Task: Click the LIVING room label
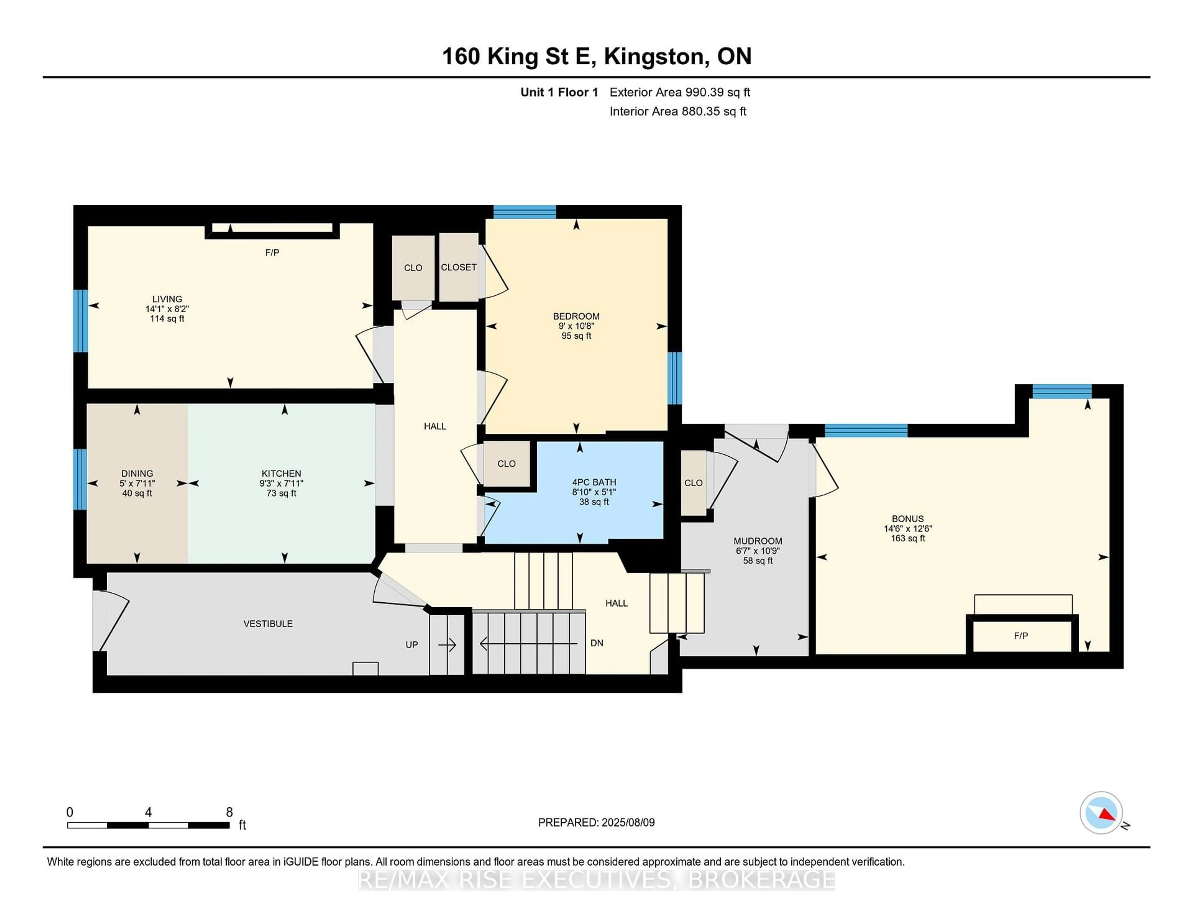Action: click(x=167, y=299)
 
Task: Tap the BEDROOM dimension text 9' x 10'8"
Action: click(x=576, y=326)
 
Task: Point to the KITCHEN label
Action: click(x=281, y=473)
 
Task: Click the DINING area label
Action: click(x=137, y=473)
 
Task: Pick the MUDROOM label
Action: click(x=758, y=541)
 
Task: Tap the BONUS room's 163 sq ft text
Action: click(x=908, y=539)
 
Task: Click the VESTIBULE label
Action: click(x=268, y=624)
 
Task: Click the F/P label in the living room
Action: click(x=272, y=252)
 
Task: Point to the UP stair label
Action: click(x=412, y=645)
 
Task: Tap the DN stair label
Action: click(x=597, y=643)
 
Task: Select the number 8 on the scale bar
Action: click(x=229, y=812)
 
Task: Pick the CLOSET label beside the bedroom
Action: click(x=459, y=267)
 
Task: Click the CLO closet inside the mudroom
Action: click(x=693, y=483)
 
